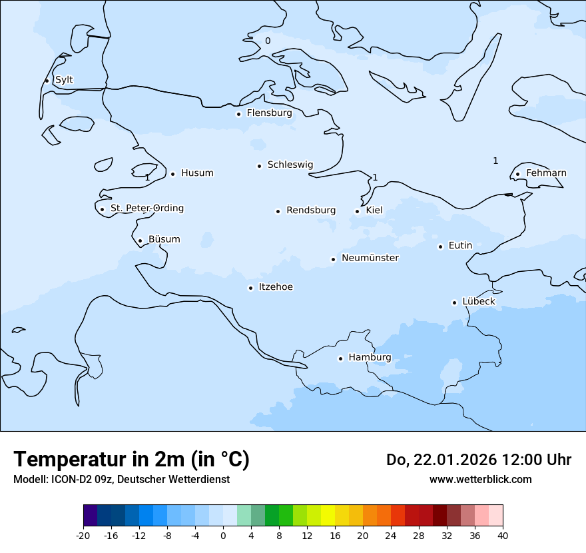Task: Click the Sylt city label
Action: coord(64,80)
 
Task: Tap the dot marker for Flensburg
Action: coord(238,114)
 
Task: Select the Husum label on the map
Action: coord(197,173)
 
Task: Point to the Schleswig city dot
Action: coord(259,166)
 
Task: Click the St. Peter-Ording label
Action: coord(146,209)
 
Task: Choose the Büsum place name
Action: coord(164,239)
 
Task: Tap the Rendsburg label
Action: coord(311,211)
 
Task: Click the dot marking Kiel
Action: coord(357,212)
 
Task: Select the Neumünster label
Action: coord(370,258)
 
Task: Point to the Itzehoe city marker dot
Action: coord(250,288)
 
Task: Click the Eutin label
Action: coord(460,246)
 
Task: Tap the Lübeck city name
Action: coord(478,301)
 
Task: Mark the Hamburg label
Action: coord(370,357)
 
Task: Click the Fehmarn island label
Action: coord(546,173)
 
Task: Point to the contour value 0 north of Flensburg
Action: coord(268,41)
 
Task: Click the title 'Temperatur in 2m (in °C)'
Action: coord(131,459)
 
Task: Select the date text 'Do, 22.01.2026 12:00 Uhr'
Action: coord(478,460)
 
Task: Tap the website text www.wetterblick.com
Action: coord(480,479)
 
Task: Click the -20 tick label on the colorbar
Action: coord(83,536)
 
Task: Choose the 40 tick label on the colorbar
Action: coord(503,536)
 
